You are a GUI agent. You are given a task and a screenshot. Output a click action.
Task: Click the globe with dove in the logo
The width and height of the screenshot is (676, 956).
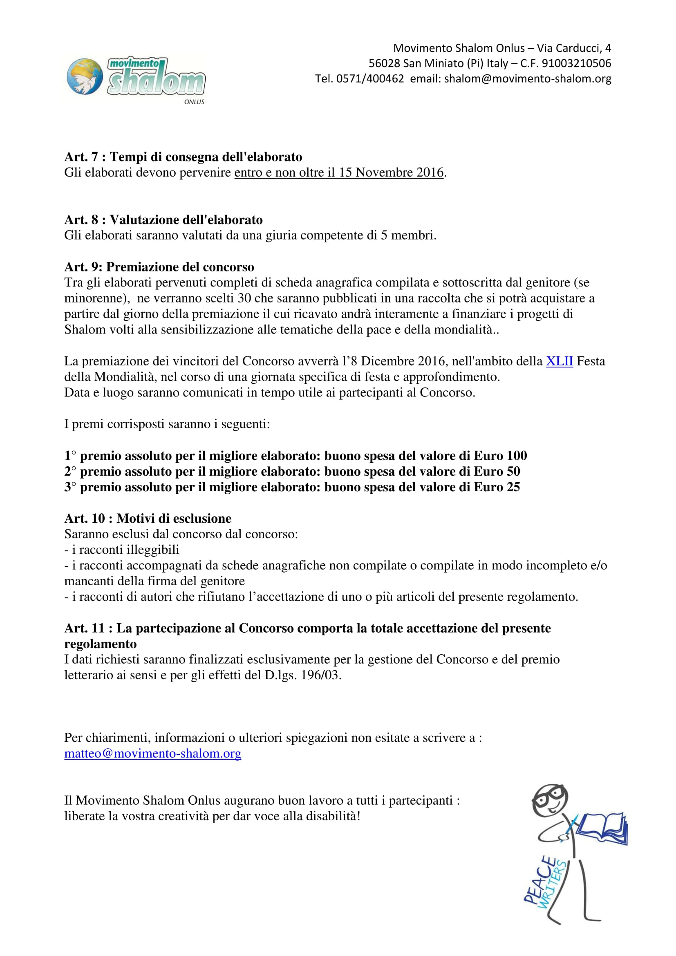85,76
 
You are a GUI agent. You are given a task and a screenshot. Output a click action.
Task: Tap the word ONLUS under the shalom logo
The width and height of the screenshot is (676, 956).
194,102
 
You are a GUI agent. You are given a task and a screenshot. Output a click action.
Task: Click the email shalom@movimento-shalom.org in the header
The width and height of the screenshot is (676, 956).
527,79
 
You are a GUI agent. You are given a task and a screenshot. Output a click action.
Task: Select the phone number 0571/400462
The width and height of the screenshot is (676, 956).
369,79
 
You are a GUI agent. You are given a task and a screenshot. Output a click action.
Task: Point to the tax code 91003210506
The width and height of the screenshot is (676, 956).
577,63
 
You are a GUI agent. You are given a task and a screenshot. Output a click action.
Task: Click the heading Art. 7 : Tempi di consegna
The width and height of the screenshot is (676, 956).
183,157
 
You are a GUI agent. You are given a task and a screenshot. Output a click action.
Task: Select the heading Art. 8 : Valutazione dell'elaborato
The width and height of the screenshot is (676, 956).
163,220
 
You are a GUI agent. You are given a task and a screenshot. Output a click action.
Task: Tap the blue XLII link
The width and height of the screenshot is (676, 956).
559,361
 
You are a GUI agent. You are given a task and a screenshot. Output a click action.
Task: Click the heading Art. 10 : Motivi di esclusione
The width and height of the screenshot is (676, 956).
148,518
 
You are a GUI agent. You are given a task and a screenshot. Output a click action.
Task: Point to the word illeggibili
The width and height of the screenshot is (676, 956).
153,550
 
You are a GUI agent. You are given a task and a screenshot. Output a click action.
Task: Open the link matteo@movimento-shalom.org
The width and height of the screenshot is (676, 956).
153,753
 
